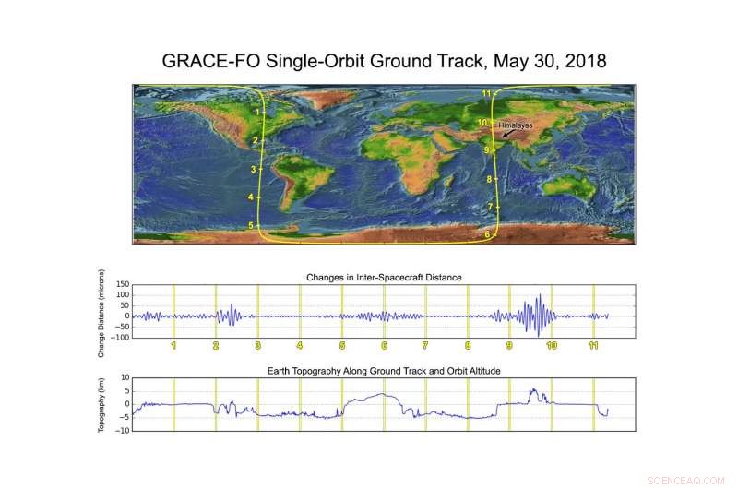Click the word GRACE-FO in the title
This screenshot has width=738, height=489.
[211, 61]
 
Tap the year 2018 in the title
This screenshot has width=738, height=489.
[586, 61]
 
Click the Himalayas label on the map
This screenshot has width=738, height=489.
[516, 125]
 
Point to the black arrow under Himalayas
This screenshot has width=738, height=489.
[508, 134]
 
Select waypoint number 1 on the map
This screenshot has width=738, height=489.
[257, 112]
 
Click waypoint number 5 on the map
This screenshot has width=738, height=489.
[251, 225]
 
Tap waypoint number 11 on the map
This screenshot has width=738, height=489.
[486, 93]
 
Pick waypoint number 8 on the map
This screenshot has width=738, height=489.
[490, 179]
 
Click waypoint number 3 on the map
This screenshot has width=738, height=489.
[253, 169]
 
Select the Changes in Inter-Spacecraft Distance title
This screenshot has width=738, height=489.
[384, 278]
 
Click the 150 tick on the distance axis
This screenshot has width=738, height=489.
[123, 284]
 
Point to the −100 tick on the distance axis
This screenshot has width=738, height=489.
[120, 338]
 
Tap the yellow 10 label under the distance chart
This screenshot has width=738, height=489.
[552, 345]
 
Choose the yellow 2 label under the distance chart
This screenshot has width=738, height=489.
[216, 345]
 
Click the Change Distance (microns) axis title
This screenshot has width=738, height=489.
[101, 314]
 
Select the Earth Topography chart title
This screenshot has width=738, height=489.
[384, 371]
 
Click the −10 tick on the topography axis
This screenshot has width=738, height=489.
[123, 430]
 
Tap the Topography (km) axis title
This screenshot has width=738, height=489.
[101, 405]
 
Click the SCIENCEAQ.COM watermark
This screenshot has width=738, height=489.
[685, 481]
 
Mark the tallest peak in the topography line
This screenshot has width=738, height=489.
[534, 389]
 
